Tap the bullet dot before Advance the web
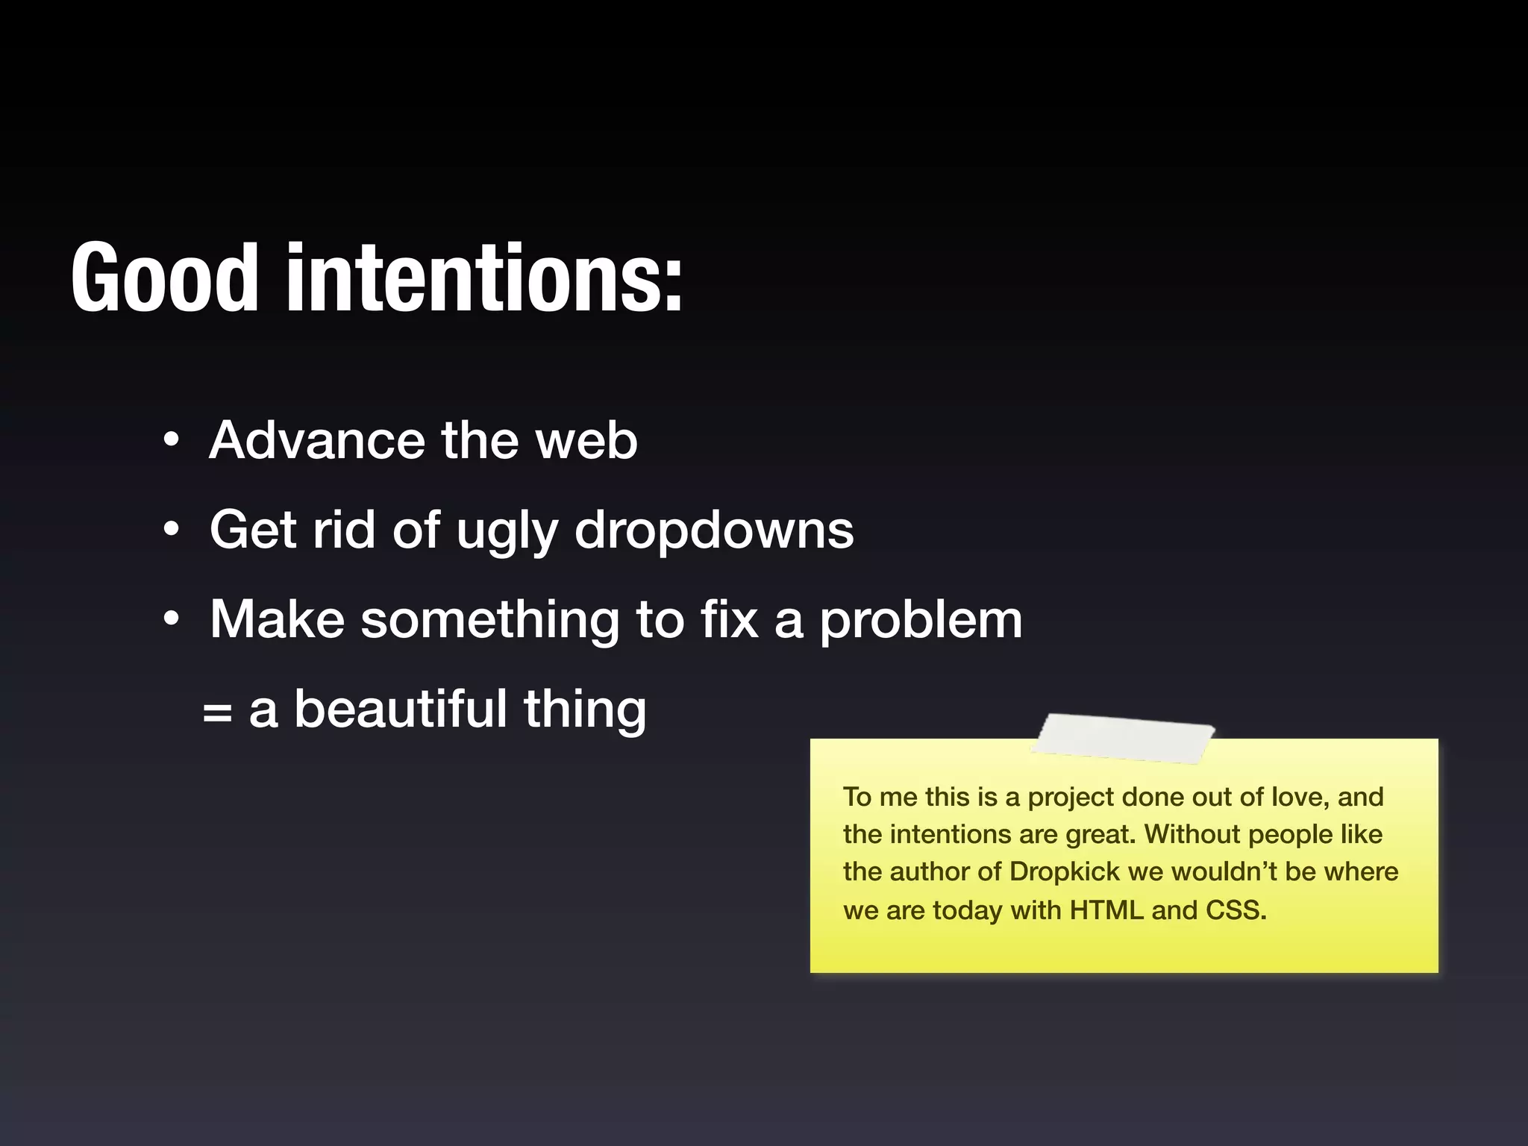coord(172,440)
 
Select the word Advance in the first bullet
coord(317,440)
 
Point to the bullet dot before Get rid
coord(172,530)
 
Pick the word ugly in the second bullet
coord(507,531)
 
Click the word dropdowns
coord(714,531)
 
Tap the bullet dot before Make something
coord(172,619)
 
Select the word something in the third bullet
coord(489,621)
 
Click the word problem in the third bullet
coord(921,621)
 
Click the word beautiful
coord(401,709)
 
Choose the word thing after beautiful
coord(584,710)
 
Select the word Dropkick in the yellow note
coord(1065,871)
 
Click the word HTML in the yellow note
coord(1106,910)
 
